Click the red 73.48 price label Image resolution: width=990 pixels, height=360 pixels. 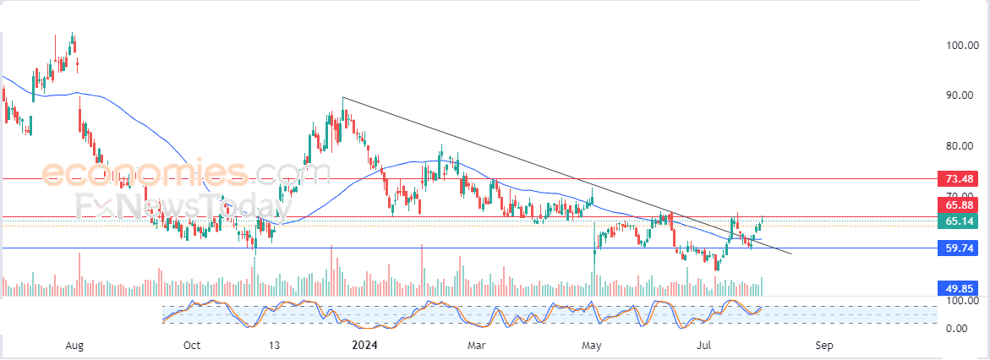[960, 179]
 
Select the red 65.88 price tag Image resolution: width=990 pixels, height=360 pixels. [960, 205]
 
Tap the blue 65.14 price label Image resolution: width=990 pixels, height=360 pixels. [960, 221]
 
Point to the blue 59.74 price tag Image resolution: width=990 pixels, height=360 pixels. [960, 248]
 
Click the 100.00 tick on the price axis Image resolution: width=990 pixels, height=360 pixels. [962, 46]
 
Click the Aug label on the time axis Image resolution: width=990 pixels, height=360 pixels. [75, 346]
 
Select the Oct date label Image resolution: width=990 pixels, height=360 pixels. [192, 346]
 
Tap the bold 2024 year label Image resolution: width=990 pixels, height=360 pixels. [366, 346]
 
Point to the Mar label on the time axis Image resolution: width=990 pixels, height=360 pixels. [477, 346]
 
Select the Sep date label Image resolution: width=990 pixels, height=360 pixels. [825, 346]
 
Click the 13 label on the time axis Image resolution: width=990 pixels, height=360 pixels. [274, 346]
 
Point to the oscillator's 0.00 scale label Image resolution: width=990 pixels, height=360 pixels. [957, 328]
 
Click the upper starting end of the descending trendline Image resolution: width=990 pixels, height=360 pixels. [342, 97]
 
